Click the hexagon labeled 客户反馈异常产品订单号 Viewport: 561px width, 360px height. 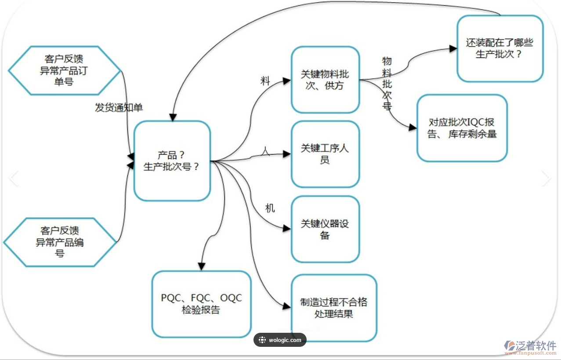tap(64, 70)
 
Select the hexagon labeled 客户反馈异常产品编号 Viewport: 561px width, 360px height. tap(60, 242)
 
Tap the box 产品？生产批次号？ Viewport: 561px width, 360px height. tap(172, 161)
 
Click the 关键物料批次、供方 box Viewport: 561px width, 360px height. tap(325, 79)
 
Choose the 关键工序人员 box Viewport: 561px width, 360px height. tap(325, 154)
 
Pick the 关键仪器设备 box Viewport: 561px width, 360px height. tap(325, 229)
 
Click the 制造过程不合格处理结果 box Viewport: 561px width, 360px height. tap(334, 308)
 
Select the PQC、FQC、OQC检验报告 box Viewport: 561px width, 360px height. tap(201, 304)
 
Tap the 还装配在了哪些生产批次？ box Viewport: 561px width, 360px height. tap(499, 49)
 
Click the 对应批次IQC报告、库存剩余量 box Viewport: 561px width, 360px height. tap(462, 128)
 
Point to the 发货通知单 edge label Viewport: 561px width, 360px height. tap(119, 108)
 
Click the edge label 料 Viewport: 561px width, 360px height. tap(265, 81)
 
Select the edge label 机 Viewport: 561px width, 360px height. tap(270, 208)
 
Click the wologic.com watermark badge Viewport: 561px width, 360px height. tap(280, 340)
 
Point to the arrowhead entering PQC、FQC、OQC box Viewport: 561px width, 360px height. tap(201, 266)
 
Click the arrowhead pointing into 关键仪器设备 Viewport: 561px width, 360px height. tap(287, 229)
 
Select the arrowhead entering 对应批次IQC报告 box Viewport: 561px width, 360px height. tap(413, 127)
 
